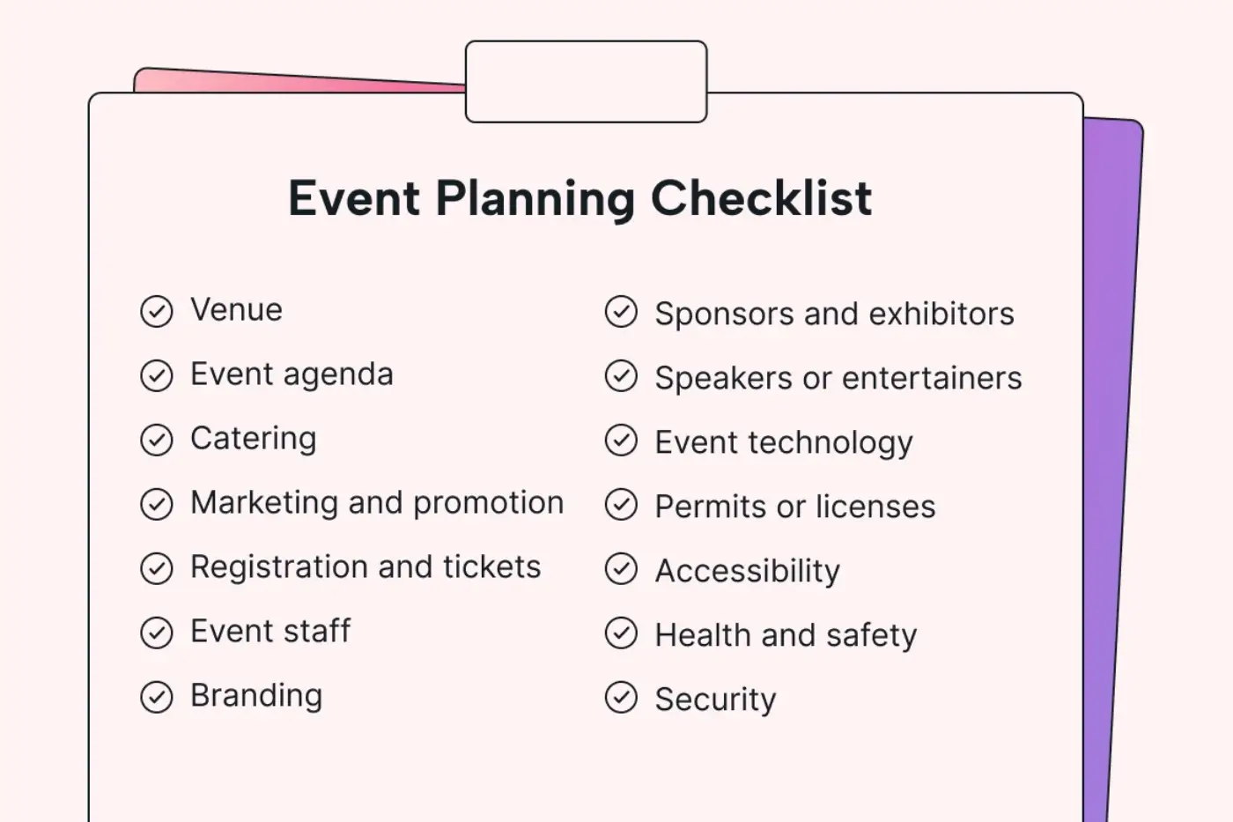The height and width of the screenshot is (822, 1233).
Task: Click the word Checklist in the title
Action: tap(761, 197)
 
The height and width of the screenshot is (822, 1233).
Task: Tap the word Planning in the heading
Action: tap(535, 200)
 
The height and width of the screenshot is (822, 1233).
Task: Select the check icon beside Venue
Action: tap(157, 311)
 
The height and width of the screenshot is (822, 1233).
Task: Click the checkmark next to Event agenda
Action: tap(157, 375)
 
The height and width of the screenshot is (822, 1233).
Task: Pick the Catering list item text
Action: tap(254, 440)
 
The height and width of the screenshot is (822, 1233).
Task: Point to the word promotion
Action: tap(488, 504)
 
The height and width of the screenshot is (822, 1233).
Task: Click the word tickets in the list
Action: tap(492, 567)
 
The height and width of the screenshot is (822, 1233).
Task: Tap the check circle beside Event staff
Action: tap(157, 632)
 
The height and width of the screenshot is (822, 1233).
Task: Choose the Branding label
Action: tap(256, 697)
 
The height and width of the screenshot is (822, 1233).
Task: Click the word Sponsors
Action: tap(724, 315)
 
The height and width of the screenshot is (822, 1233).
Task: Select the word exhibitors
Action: tap(941, 314)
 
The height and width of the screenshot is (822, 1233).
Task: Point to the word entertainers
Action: tap(932, 378)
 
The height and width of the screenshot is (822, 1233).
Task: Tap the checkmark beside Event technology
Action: tap(622, 441)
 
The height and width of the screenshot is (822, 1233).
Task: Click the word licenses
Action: tap(875, 506)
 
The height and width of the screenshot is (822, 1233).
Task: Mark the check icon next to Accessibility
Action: tap(622, 569)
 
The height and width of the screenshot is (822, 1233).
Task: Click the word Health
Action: tap(703, 635)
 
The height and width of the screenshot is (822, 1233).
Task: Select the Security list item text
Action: tap(715, 700)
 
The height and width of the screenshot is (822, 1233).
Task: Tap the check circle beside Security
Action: tap(622, 697)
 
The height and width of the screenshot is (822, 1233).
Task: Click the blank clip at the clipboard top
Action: tap(587, 81)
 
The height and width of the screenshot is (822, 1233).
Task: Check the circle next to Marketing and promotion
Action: tap(157, 504)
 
